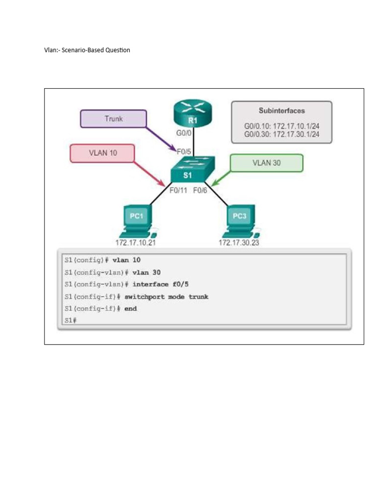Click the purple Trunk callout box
[113, 119]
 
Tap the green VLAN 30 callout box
[266, 163]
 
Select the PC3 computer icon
[240, 219]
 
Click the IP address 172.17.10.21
[136, 243]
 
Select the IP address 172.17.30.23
[239, 243]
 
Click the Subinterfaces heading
[282, 111]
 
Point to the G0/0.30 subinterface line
[282, 133]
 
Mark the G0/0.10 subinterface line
[282, 125]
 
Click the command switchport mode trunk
[166, 297]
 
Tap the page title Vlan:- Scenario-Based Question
[87, 50]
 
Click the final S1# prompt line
[70, 321]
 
